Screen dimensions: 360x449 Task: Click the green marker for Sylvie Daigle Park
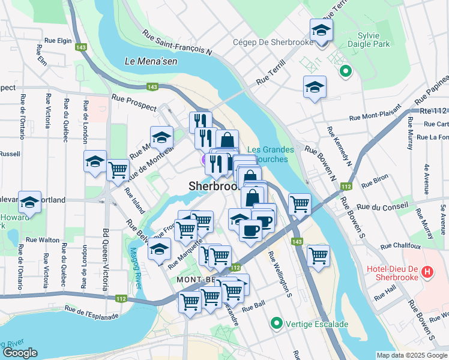click(x=345, y=72)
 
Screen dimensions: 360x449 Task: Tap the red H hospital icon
click(x=427, y=272)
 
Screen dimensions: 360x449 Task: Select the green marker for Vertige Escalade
click(x=276, y=323)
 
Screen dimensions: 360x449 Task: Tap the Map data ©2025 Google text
click(x=412, y=355)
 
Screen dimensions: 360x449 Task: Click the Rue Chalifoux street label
click(x=402, y=245)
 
